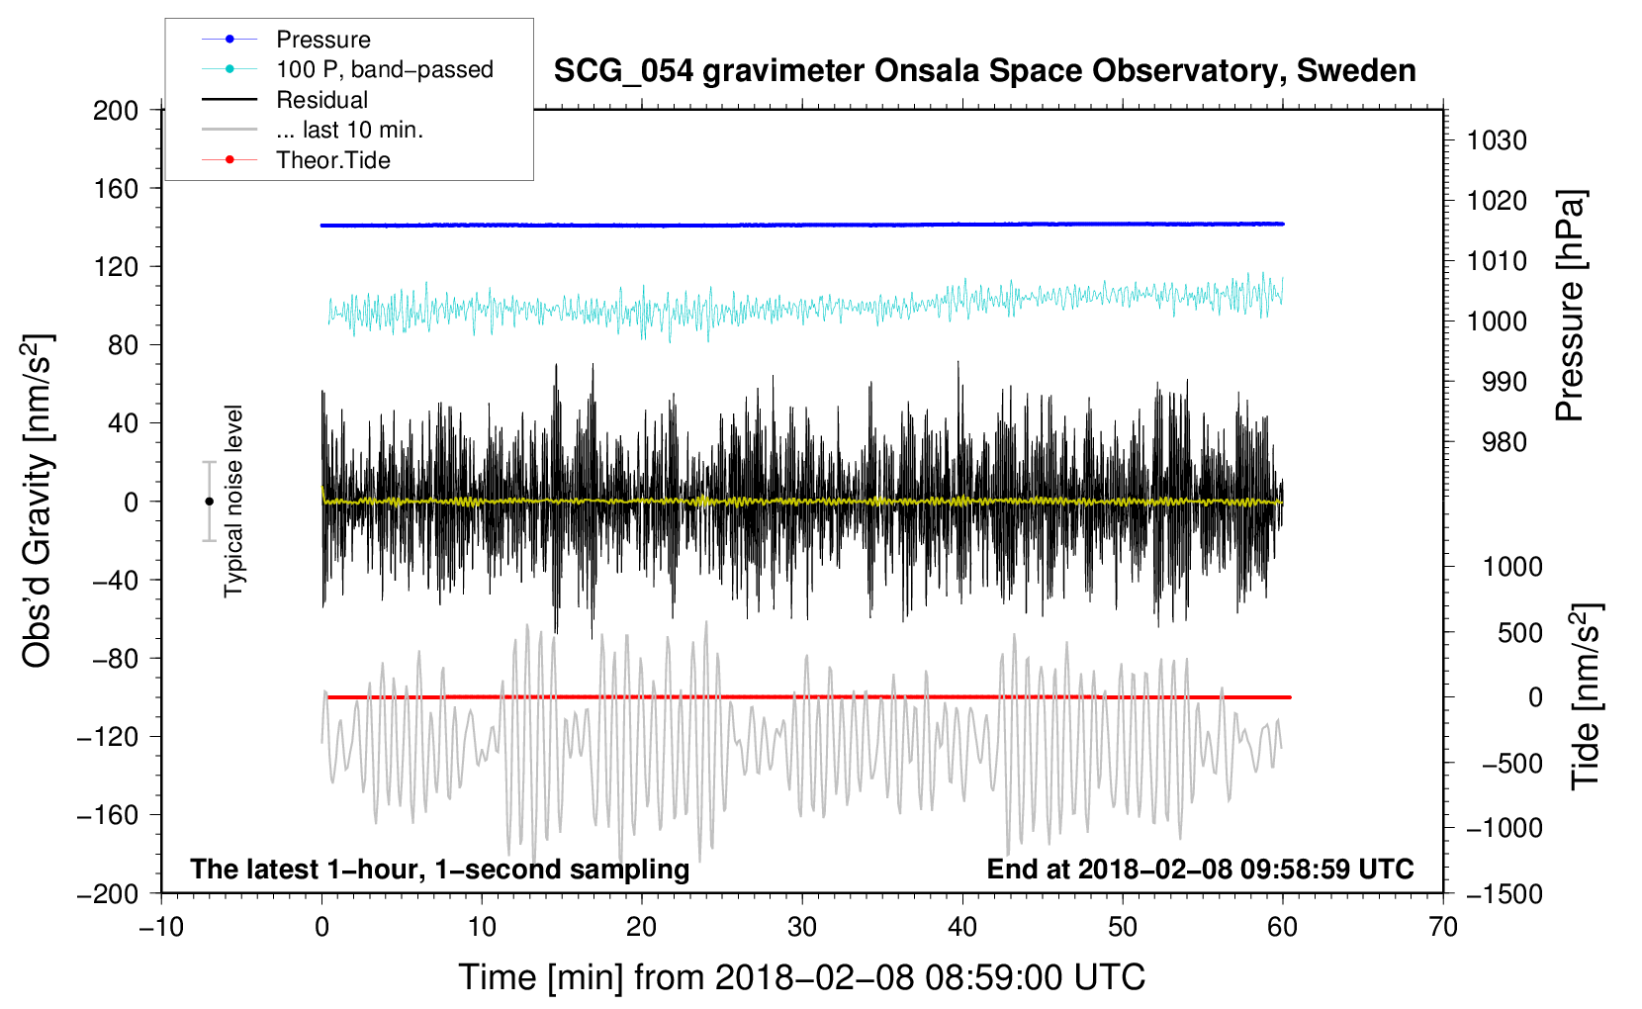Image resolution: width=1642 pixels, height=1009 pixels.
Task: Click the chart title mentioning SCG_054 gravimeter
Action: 984,71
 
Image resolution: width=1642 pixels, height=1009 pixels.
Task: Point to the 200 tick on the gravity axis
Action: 116,111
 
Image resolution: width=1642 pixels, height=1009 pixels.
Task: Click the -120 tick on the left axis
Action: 108,737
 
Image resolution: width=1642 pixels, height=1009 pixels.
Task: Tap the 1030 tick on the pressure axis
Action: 1497,140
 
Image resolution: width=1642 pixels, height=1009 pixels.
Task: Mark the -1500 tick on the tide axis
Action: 1505,894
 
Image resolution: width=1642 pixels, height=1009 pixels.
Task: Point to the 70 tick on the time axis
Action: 1443,927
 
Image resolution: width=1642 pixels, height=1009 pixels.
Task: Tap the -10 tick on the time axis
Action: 161,927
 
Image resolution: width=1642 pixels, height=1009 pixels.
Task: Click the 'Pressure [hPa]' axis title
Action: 1570,306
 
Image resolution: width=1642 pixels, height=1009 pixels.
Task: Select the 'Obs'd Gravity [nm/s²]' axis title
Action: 37,501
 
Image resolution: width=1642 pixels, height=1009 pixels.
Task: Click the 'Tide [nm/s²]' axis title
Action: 1586,696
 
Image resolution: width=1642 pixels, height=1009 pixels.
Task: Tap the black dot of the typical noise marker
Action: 209,502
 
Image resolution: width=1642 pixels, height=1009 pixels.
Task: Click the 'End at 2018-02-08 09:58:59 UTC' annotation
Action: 1200,869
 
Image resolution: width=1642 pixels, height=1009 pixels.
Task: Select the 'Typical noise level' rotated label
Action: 233,501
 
